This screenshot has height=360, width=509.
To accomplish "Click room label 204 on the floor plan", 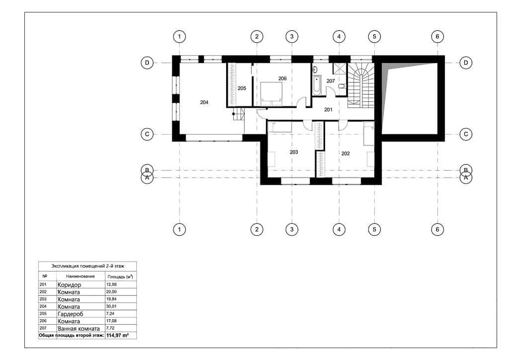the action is point(204,102).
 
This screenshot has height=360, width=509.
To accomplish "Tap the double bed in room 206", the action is point(271,94).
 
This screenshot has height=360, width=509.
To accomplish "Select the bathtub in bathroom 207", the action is point(317,86).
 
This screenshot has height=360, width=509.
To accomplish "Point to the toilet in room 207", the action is point(342,86).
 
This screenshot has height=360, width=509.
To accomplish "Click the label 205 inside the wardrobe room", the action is point(242,88).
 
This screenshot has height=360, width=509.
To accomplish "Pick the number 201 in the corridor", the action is point(328,110).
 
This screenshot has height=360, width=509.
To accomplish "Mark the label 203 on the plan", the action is point(294,152).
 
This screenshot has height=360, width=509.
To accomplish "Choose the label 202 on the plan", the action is point(345,154).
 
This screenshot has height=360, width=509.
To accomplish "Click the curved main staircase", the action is point(360,86).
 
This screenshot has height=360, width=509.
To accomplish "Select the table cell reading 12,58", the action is point(111,284).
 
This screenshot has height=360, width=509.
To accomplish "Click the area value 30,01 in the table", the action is point(111,306).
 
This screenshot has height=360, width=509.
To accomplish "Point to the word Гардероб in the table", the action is point(71,314).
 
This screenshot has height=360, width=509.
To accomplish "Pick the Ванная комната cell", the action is point(79,329).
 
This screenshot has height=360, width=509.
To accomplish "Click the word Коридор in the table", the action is point(70,285).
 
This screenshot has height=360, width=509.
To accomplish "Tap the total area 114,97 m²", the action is point(117,335).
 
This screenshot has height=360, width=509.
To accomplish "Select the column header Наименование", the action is point(80,276).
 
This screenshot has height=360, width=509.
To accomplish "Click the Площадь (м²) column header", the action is point(120,276).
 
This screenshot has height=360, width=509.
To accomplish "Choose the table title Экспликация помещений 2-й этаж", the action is point(87,266).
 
